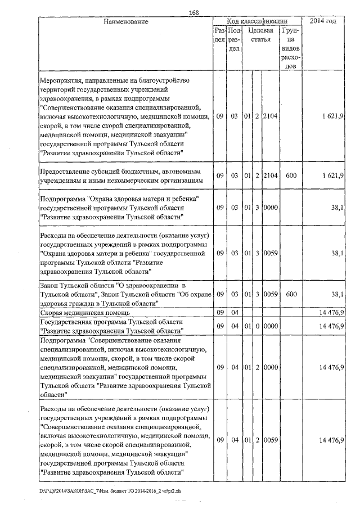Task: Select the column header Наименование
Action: coord(125,21)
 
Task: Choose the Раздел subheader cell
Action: coord(220,35)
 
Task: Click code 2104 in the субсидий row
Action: coord(271,176)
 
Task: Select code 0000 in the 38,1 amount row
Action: coord(271,208)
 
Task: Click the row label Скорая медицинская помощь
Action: coord(85,312)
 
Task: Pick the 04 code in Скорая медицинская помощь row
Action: coord(235,312)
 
